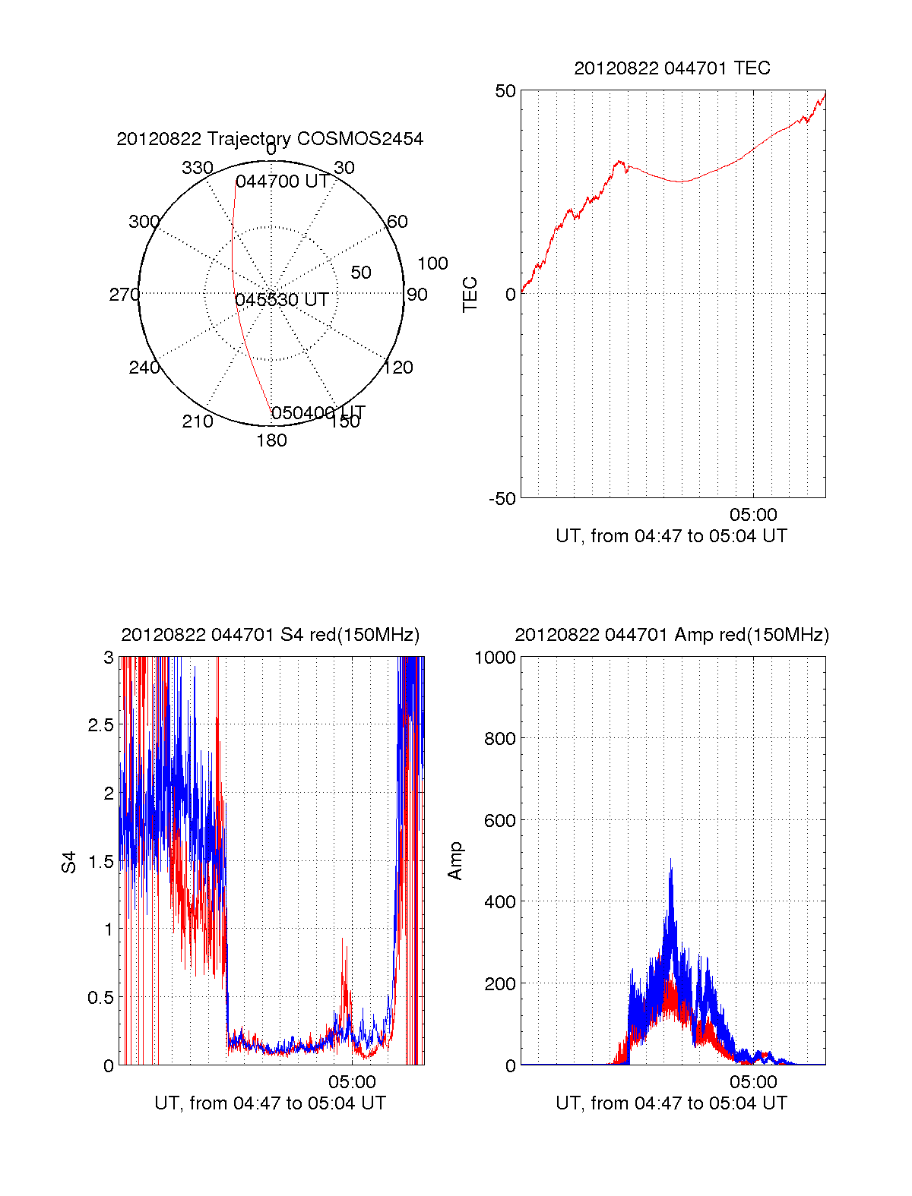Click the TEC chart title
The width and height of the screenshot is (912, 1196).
click(672, 68)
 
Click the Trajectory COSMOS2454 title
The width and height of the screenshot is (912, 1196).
click(270, 139)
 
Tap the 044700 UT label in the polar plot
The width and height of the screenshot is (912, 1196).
click(282, 181)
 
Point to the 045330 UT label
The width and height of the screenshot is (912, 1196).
click(281, 300)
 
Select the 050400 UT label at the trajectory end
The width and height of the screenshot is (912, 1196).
click(318, 413)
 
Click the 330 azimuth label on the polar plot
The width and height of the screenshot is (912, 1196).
click(197, 168)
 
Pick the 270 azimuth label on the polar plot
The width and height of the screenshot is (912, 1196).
click(124, 295)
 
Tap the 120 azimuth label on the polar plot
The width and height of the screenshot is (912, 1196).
click(398, 368)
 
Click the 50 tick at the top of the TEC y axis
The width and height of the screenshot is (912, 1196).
click(505, 91)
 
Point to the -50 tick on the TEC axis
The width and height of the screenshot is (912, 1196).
click(502, 499)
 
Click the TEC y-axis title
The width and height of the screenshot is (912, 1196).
click(470, 295)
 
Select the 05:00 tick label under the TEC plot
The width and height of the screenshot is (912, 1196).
click(753, 516)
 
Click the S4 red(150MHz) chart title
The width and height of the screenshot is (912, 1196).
click(270, 635)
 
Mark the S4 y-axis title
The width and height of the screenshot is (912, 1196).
click(69, 862)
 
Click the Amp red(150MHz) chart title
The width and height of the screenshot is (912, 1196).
click(672, 635)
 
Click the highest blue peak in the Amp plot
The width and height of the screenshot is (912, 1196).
click(670, 860)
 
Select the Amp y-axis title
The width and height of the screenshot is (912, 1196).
click(455, 861)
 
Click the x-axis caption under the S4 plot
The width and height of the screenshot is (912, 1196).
click(270, 1103)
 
